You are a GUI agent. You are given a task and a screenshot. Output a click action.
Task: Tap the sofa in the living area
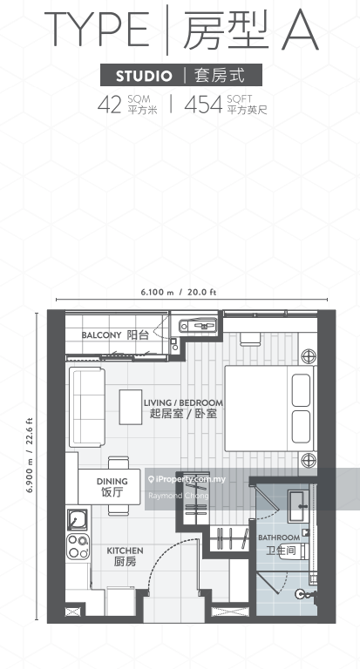[x=87, y=407]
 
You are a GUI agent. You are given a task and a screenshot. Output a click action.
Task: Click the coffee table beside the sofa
[x=131, y=407]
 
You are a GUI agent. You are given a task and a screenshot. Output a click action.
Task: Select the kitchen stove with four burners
[x=78, y=546]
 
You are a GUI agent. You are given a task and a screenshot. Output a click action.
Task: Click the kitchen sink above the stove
[x=78, y=520]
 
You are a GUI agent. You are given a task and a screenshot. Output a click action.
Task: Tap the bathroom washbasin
[x=298, y=506]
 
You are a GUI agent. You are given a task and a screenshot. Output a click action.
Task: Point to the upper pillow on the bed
[x=301, y=390]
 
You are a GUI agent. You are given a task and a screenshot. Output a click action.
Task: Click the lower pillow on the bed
[x=301, y=427]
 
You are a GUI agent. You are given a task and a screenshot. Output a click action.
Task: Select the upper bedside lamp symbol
[x=309, y=356]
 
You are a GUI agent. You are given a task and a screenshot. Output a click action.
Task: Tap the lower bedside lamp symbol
[x=309, y=460]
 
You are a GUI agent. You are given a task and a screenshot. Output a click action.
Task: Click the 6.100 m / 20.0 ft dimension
[x=179, y=293]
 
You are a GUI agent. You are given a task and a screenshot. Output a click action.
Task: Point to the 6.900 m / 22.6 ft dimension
[x=30, y=455]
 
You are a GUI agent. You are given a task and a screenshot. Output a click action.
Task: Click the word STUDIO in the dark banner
[x=144, y=76]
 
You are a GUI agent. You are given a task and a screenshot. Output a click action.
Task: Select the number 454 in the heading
[x=203, y=105]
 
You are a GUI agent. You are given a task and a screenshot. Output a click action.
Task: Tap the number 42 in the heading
[x=110, y=105]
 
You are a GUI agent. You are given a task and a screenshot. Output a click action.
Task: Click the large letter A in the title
[x=300, y=30]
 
